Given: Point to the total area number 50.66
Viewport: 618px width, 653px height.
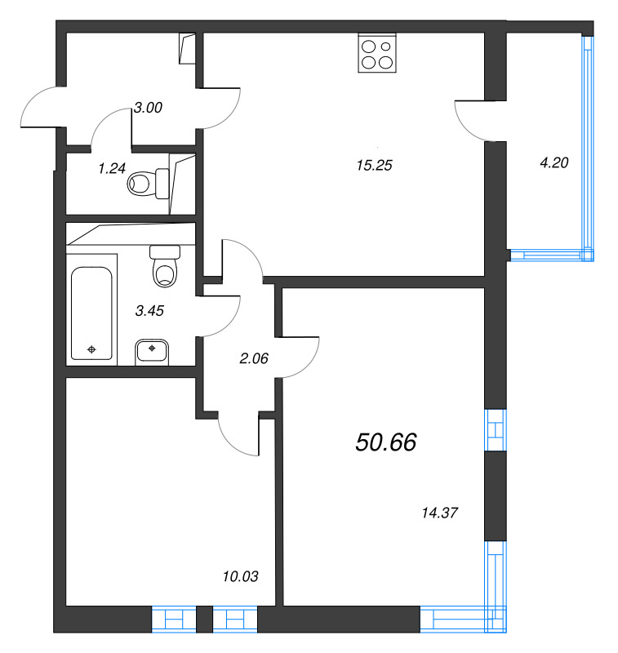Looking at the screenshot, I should [x=386, y=442].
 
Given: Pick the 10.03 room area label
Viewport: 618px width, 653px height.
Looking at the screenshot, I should [x=240, y=577].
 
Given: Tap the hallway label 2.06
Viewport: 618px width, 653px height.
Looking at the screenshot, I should [x=254, y=356].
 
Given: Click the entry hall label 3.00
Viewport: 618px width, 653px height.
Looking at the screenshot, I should [x=149, y=107].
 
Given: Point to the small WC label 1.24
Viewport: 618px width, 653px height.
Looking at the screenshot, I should [x=113, y=168].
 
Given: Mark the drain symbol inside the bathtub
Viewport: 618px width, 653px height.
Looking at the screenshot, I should [x=91, y=349].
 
